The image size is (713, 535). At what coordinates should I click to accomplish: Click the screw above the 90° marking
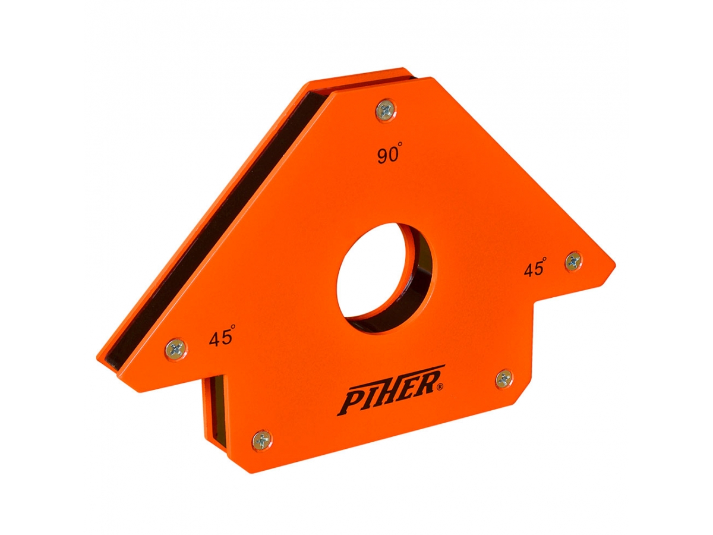(386, 109)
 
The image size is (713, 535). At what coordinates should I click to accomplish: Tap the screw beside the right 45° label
(573, 261)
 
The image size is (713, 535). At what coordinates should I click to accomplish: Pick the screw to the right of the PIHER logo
(504, 378)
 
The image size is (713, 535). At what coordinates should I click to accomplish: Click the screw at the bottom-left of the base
(261, 440)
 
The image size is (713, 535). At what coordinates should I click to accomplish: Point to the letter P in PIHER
(350, 401)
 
